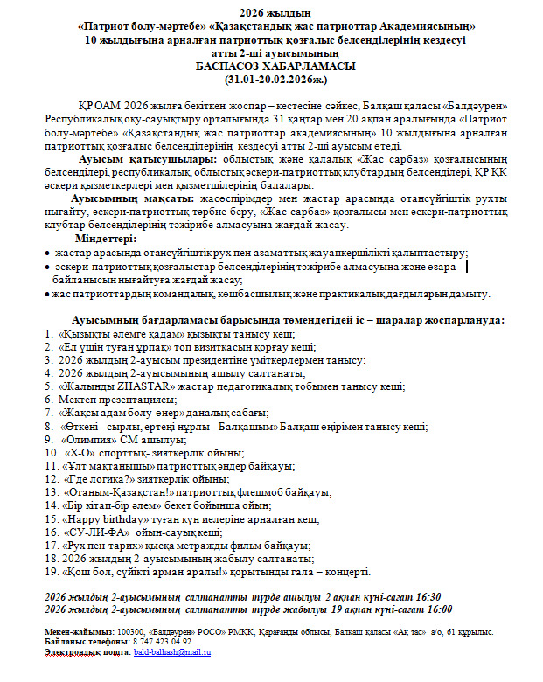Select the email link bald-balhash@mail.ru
click(x=172, y=652)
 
